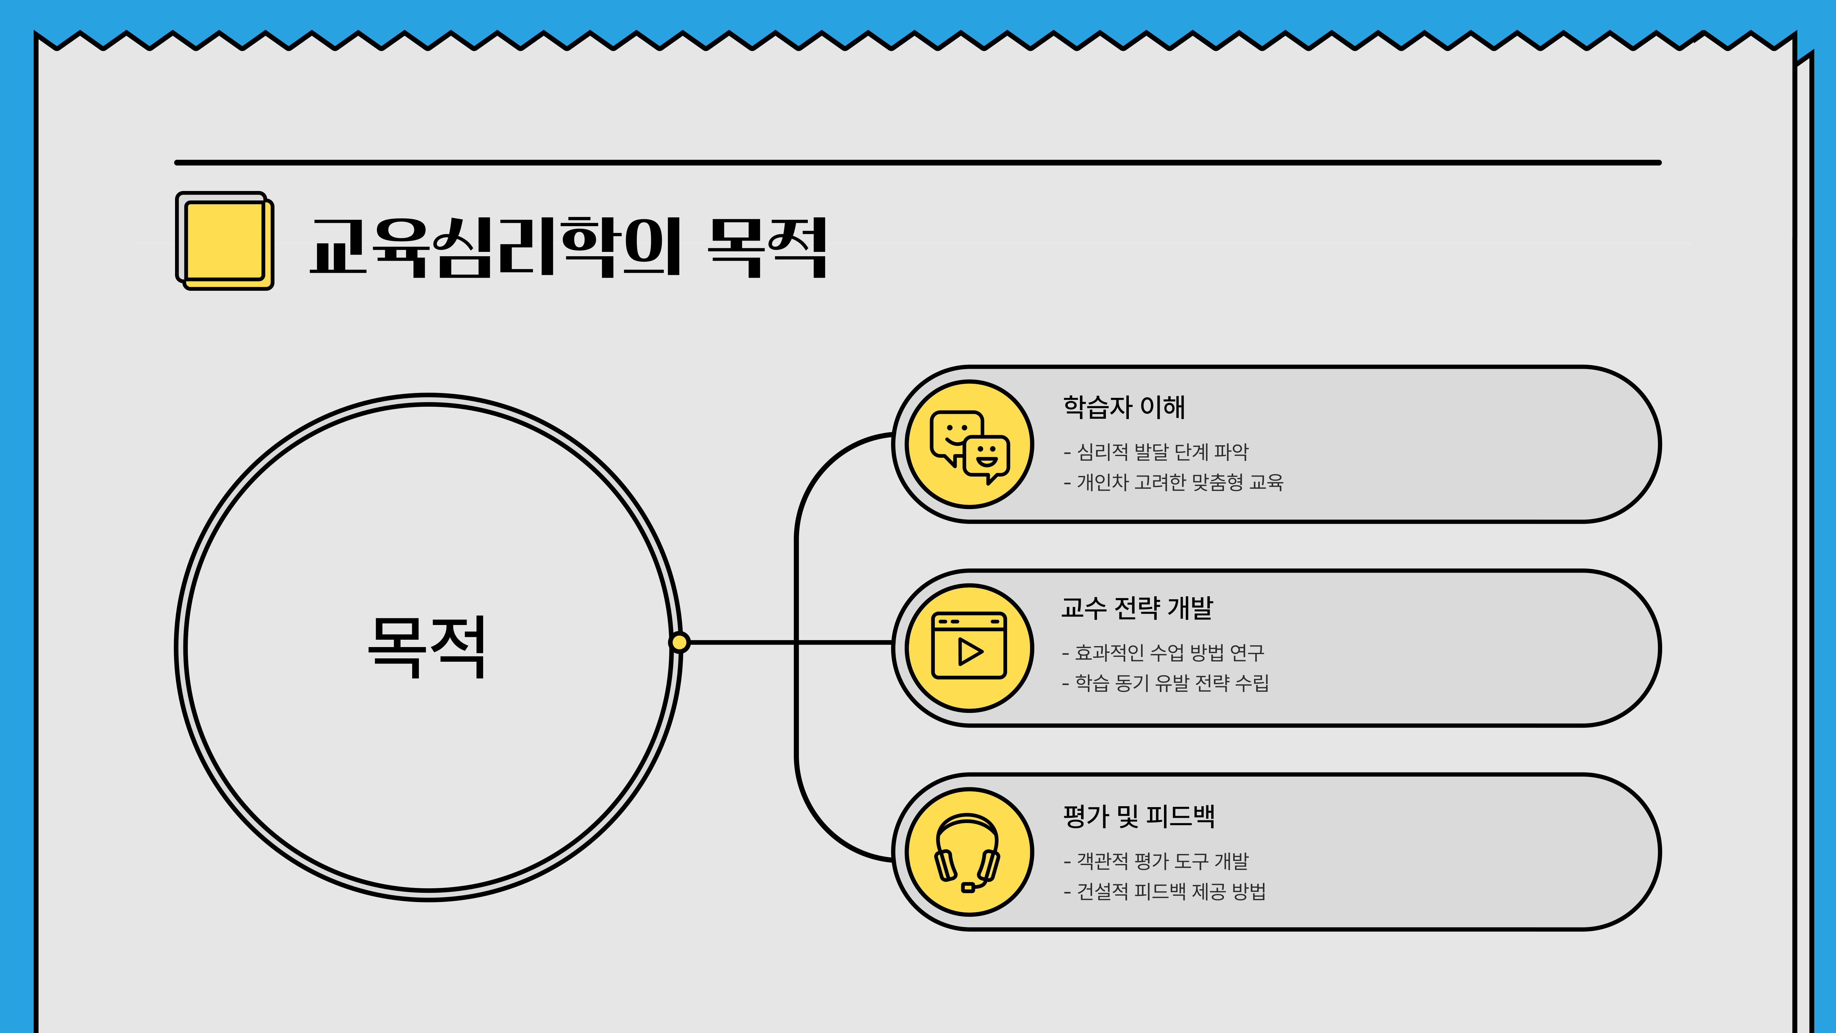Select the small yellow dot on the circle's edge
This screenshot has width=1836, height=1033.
tap(679, 642)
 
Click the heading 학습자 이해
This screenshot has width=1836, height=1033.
tap(1124, 407)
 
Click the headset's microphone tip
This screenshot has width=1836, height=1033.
tap(968, 888)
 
